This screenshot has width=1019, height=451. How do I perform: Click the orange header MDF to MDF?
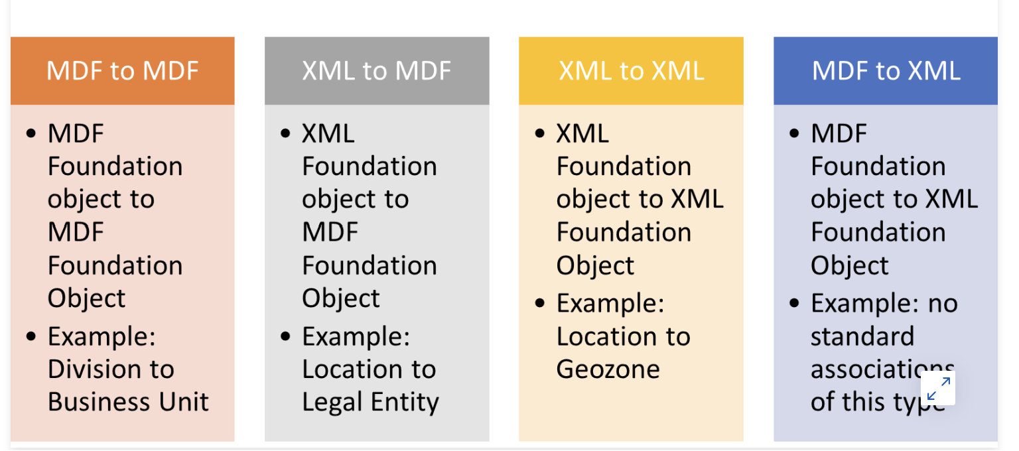click(x=122, y=71)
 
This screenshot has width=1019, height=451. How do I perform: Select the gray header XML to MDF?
click(x=377, y=71)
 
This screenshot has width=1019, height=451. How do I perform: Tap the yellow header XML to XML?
click(x=631, y=71)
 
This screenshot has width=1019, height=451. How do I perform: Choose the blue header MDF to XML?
click(x=886, y=71)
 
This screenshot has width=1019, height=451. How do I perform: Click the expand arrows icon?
click(x=938, y=388)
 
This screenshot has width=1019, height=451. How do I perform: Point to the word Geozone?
click(x=608, y=369)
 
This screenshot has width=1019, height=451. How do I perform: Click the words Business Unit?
click(x=128, y=402)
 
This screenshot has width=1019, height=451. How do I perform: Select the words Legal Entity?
click(x=370, y=403)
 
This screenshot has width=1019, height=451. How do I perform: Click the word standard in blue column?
click(x=862, y=336)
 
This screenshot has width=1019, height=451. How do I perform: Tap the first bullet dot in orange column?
click(x=31, y=133)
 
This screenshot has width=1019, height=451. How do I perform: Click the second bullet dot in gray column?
click(x=285, y=336)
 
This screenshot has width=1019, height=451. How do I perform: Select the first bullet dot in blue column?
click(x=794, y=133)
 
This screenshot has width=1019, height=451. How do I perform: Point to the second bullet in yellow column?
click(x=540, y=303)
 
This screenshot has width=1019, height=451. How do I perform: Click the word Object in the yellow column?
click(x=595, y=266)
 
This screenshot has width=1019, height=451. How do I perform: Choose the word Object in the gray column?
click(x=341, y=299)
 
